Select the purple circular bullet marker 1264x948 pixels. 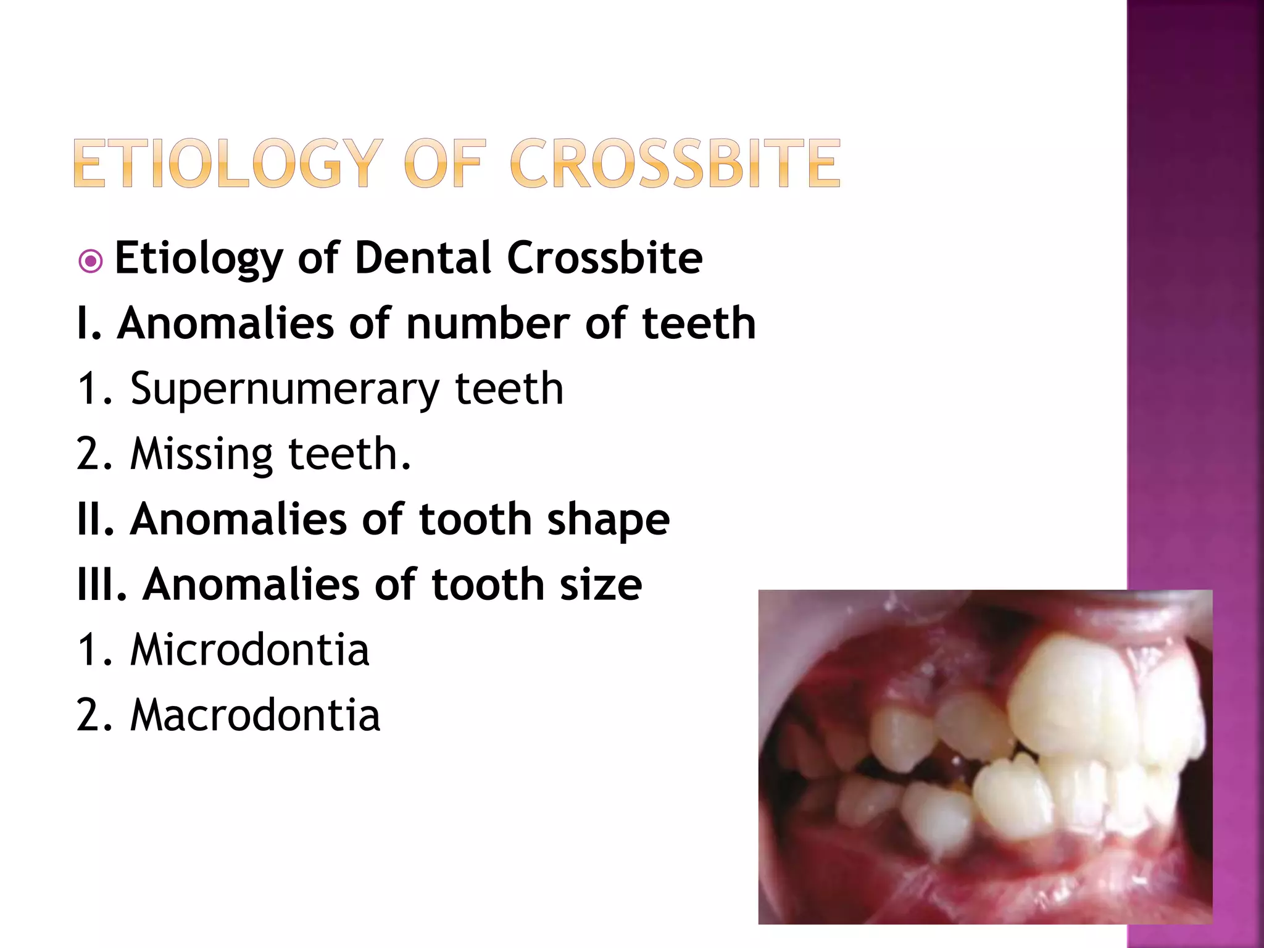click(x=91, y=261)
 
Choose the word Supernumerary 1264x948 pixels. click(x=285, y=389)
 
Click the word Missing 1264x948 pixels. click(x=201, y=455)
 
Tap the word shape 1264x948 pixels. click(x=608, y=520)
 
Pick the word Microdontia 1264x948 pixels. click(x=249, y=650)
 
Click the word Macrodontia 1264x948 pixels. click(x=255, y=715)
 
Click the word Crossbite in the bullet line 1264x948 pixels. click(x=604, y=257)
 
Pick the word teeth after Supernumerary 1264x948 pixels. click(x=509, y=389)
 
